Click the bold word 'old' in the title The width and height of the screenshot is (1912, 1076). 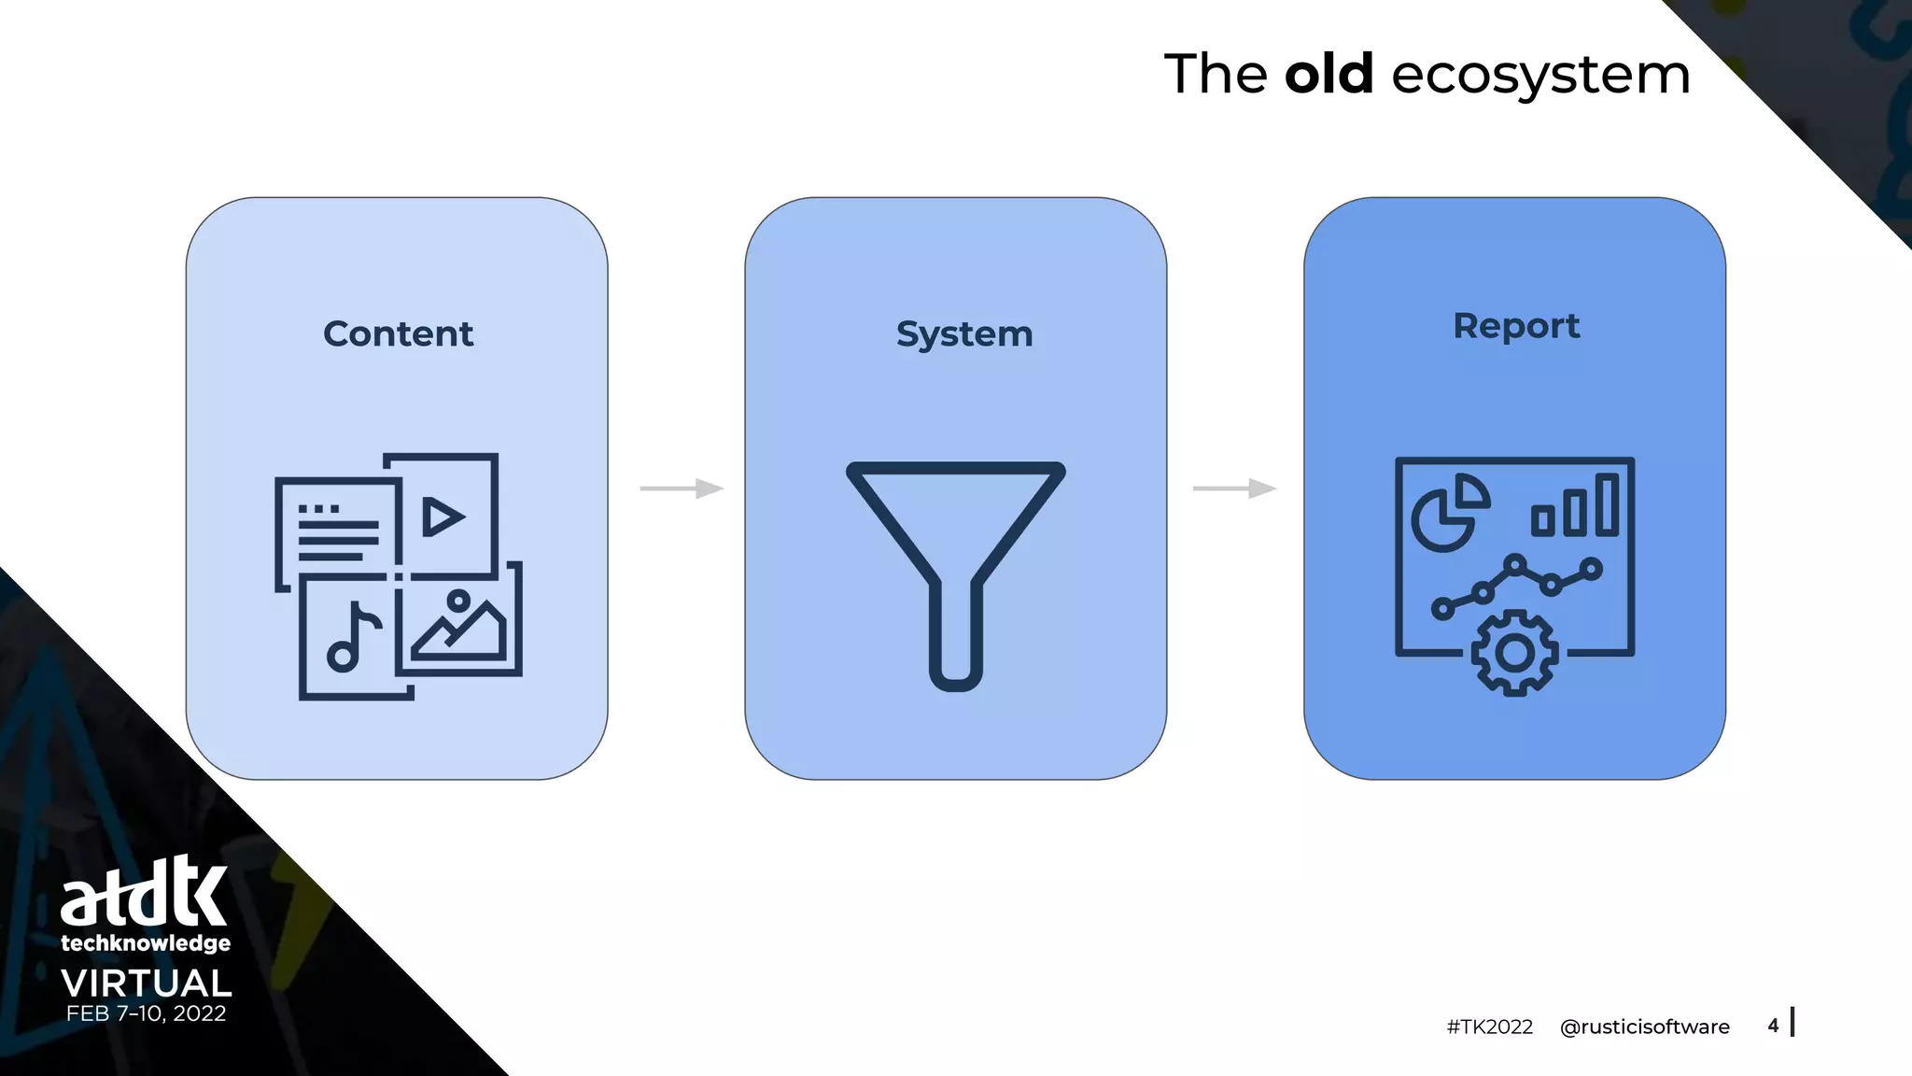coord(1329,74)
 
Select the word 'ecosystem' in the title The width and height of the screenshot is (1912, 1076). coord(1540,76)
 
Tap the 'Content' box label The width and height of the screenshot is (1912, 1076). coord(398,333)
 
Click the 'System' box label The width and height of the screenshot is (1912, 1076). coord(964,334)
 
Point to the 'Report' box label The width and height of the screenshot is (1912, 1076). coord(1516,326)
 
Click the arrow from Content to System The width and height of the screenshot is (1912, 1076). coord(682,488)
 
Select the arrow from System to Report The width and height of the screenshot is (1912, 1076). coord(1234,488)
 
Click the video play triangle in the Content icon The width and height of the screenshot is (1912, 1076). coord(443,517)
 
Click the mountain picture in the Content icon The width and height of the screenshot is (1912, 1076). coord(458,628)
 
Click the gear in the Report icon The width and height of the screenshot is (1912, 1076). coord(1514,653)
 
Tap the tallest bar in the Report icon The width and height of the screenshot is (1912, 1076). coord(1607,504)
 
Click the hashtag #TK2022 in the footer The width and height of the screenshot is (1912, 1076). coord(1489,1026)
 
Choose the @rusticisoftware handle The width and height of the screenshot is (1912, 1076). coord(1644,1026)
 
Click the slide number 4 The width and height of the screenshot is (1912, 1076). coord(1773,1026)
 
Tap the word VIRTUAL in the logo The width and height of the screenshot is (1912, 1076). coord(147,984)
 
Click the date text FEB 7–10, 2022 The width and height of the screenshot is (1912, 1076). coord(147,1013)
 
